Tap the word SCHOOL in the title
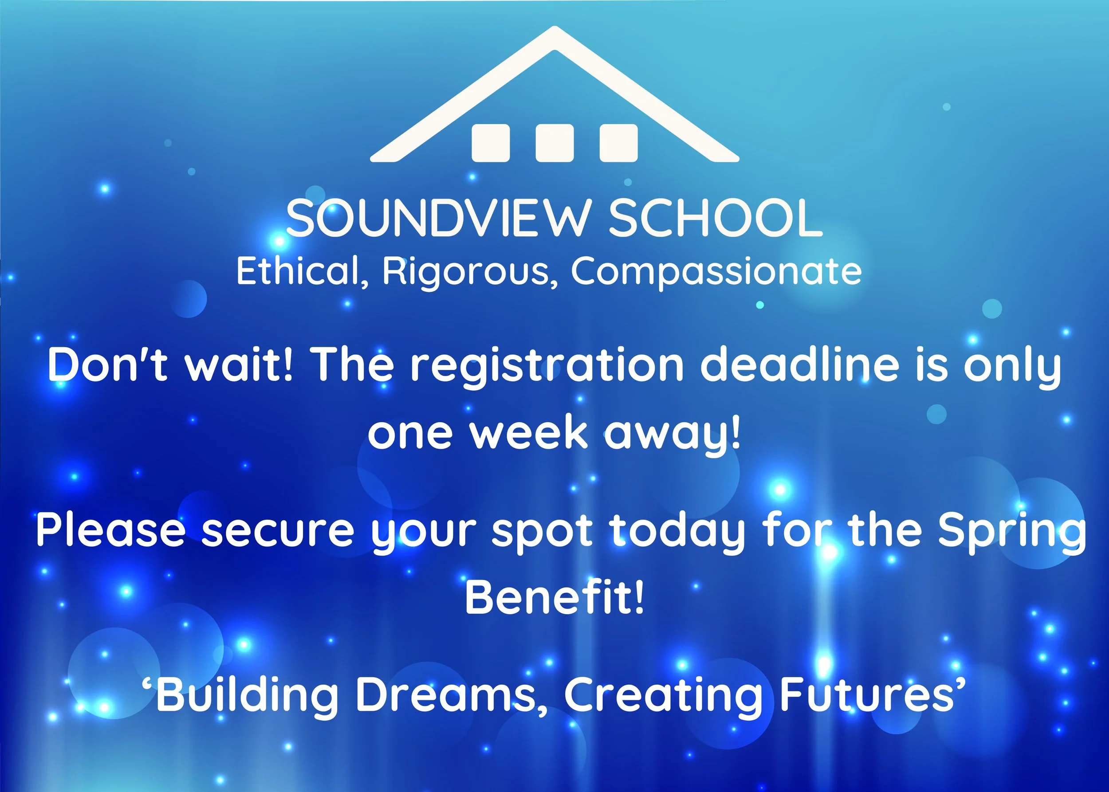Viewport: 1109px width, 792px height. pyautogui.click(x=715, y=219)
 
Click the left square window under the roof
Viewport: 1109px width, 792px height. pyautogui.click(x=490, y=143)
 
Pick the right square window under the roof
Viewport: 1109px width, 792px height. pyautogui.click(x=618, y=143)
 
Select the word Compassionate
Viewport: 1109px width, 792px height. pyautogui.click(x=716, y=272)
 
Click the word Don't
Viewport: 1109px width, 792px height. pyautogui.click(x=107, y=365)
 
